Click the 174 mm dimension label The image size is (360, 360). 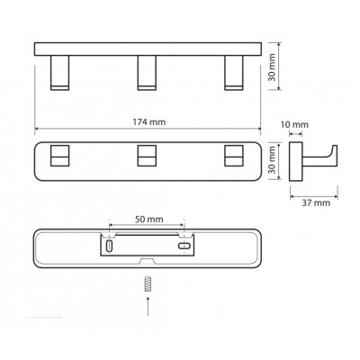(149, 122)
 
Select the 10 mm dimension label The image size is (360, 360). (294, 124)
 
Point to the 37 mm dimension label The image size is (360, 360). (316, 203)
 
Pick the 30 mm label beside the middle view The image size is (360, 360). (272, 160)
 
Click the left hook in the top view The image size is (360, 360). (59, 73)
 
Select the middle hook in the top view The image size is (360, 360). (147, 73)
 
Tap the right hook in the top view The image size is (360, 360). (234, 73)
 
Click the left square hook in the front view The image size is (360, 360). (59, 156)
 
